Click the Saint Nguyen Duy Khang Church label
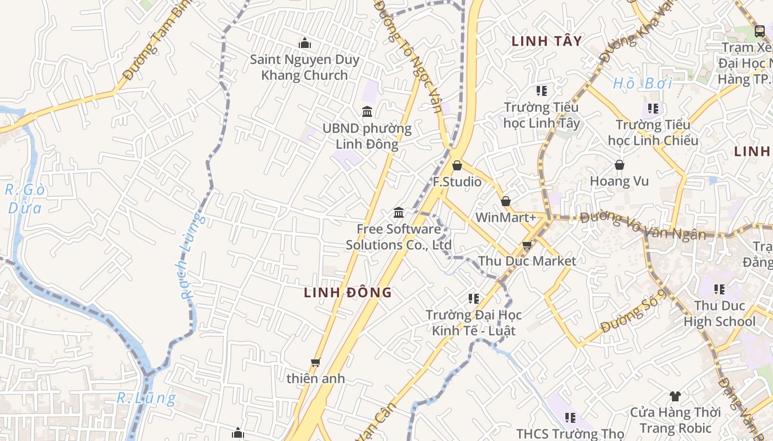point(304,67)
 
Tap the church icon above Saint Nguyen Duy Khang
point(304,43)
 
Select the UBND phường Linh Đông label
point(367,136)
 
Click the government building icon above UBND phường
point(367,112)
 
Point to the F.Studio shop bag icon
point(457,165)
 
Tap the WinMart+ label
point(505,217)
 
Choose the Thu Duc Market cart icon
point(527,245)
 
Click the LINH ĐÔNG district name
point(348,293)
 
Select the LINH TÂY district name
point(547,41)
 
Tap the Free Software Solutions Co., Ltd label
point(399,237)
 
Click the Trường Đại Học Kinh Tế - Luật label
point(474,322)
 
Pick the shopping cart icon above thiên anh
point(315,362)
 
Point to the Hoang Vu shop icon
point(620,165)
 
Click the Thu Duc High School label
point(719,314)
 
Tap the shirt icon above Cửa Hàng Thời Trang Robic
point(675,396)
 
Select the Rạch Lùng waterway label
point(191,256)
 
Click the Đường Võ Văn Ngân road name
point(643,225)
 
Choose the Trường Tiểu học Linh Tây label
point(541,115)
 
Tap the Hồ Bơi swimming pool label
point(643,84)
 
